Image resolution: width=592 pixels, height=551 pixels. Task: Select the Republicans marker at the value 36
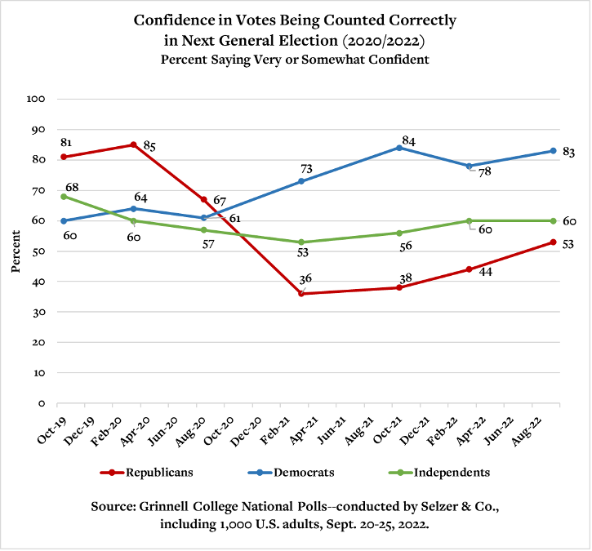(301, 294)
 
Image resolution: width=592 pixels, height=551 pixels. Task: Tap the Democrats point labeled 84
(399, 148)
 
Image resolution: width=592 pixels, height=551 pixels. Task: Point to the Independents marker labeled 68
(63, 197)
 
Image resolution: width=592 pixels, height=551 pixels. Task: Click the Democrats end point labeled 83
(553, 151)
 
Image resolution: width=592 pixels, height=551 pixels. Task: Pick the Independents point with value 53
(301, 242)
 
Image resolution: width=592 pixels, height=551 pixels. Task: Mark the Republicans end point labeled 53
(553, 242)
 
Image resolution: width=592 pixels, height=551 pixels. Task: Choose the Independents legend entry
(452, 472)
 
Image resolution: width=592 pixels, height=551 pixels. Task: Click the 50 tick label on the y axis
(38, 251)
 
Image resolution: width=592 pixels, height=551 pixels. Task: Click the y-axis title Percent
(16, 251)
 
